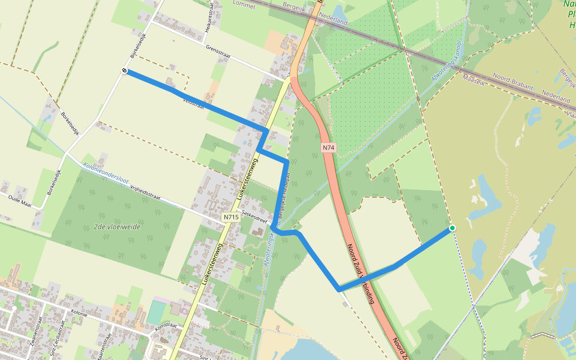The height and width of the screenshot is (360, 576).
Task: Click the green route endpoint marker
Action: pyautogui.click(x=452, y=228)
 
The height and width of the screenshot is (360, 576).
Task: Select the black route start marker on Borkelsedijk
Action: pyautogui.click(x=125, y=71)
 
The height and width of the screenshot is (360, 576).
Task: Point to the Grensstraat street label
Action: pyautogui.click(x=223, y=51)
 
